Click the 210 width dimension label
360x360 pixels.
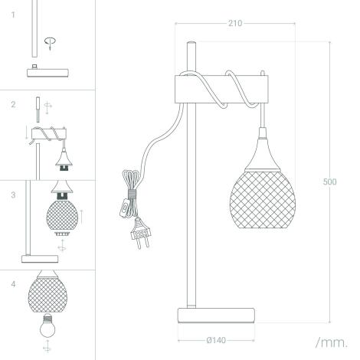click(x=235, y=23)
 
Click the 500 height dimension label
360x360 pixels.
click(x=329, y=182)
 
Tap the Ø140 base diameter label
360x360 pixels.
click(x=216, y=340)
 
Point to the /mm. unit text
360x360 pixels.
click(x=332, y=342)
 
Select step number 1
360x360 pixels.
click(x=13, y=15)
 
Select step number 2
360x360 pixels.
click(x=13, y=104)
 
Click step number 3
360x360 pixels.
click(x=13, y=195)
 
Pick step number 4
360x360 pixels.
click(x=13, y=284)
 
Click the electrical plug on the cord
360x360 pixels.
click(x=140, y=233)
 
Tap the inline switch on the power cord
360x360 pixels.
click(x=124, y=208)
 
